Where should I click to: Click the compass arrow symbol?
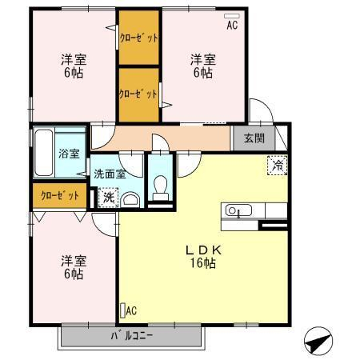point(318,341)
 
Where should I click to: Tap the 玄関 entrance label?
point(254,138)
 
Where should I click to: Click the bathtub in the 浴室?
point(44,153)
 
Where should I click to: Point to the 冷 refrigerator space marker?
point(278,166)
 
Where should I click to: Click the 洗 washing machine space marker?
point(108,198)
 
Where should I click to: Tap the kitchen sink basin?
point(238,210)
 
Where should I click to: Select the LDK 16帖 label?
point(203,257)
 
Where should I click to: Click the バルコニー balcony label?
point(132,336)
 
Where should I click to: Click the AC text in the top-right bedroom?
point(232,25)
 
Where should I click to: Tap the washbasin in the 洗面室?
point(130,200)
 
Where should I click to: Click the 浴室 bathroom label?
point(69,154)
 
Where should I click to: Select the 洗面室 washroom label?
point(110,174)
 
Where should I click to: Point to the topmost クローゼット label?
point(138,38)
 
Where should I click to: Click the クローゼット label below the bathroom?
point(60,195)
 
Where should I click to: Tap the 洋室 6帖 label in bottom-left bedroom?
point(74,267)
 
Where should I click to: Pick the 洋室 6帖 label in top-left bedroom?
point(74,66)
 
